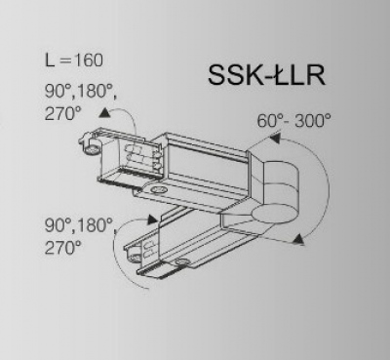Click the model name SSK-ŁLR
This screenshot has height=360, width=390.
coord(266,75)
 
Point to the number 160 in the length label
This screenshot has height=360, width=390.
coord(89,60)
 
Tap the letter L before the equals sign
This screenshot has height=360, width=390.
coord(50,60)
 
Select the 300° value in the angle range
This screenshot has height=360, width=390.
coord(313,121)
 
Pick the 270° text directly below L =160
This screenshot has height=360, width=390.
coord(62,114)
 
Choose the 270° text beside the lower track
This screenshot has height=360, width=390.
coord(62,248)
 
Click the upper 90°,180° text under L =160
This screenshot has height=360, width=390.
coord(81,92)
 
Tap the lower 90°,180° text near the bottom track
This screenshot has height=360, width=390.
coord(81,225)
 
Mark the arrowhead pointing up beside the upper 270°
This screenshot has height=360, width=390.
coord(104,112)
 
